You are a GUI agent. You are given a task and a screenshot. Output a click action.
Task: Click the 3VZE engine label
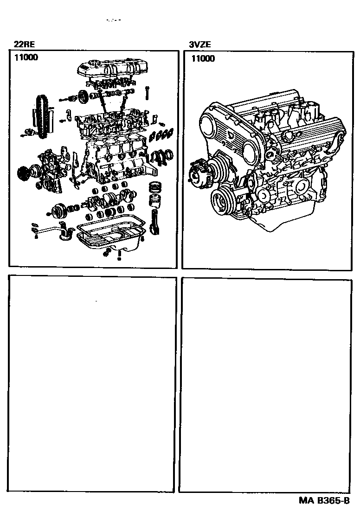199,45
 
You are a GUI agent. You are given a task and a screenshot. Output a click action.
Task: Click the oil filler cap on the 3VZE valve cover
289,135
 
